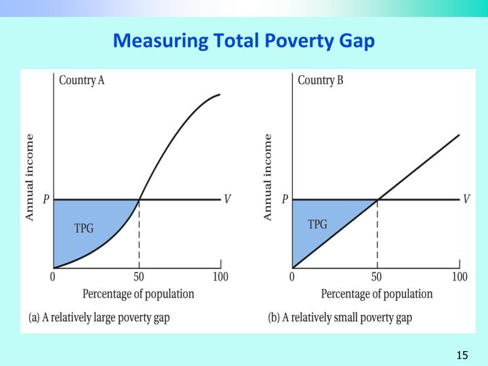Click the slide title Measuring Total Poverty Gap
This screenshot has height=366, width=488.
243,41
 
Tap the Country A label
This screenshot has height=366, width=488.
81,80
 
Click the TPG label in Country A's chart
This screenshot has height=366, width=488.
84,228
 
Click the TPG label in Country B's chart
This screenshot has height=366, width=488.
318,224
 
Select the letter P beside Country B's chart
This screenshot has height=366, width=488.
285,199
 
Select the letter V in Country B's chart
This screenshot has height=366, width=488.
466,199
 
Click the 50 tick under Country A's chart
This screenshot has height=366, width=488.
139,277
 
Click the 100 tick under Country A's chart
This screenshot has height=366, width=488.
220,277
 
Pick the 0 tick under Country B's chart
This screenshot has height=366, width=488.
292,277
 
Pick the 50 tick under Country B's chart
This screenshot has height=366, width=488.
377,277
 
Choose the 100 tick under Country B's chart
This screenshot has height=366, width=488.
460,277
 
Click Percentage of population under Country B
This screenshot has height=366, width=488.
376,294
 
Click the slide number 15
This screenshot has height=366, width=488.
463,355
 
